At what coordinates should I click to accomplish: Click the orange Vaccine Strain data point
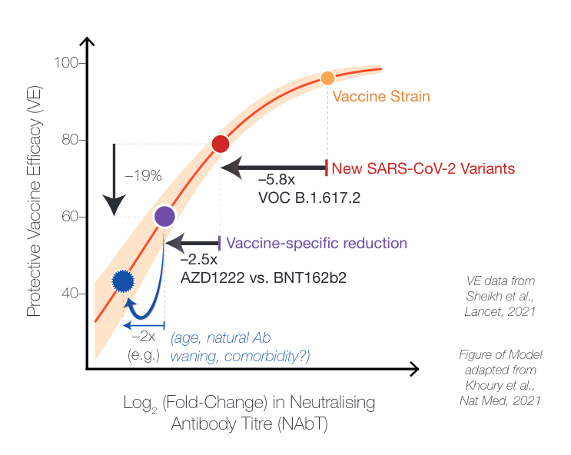coord(327,78)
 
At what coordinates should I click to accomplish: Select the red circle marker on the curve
coord(221,144)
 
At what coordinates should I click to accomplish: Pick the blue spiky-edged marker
coord(123,281)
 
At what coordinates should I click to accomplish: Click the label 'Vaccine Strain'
coord(381,97)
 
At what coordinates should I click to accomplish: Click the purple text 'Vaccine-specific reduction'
coord(317,244)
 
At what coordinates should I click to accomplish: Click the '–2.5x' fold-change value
coord(198,260)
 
